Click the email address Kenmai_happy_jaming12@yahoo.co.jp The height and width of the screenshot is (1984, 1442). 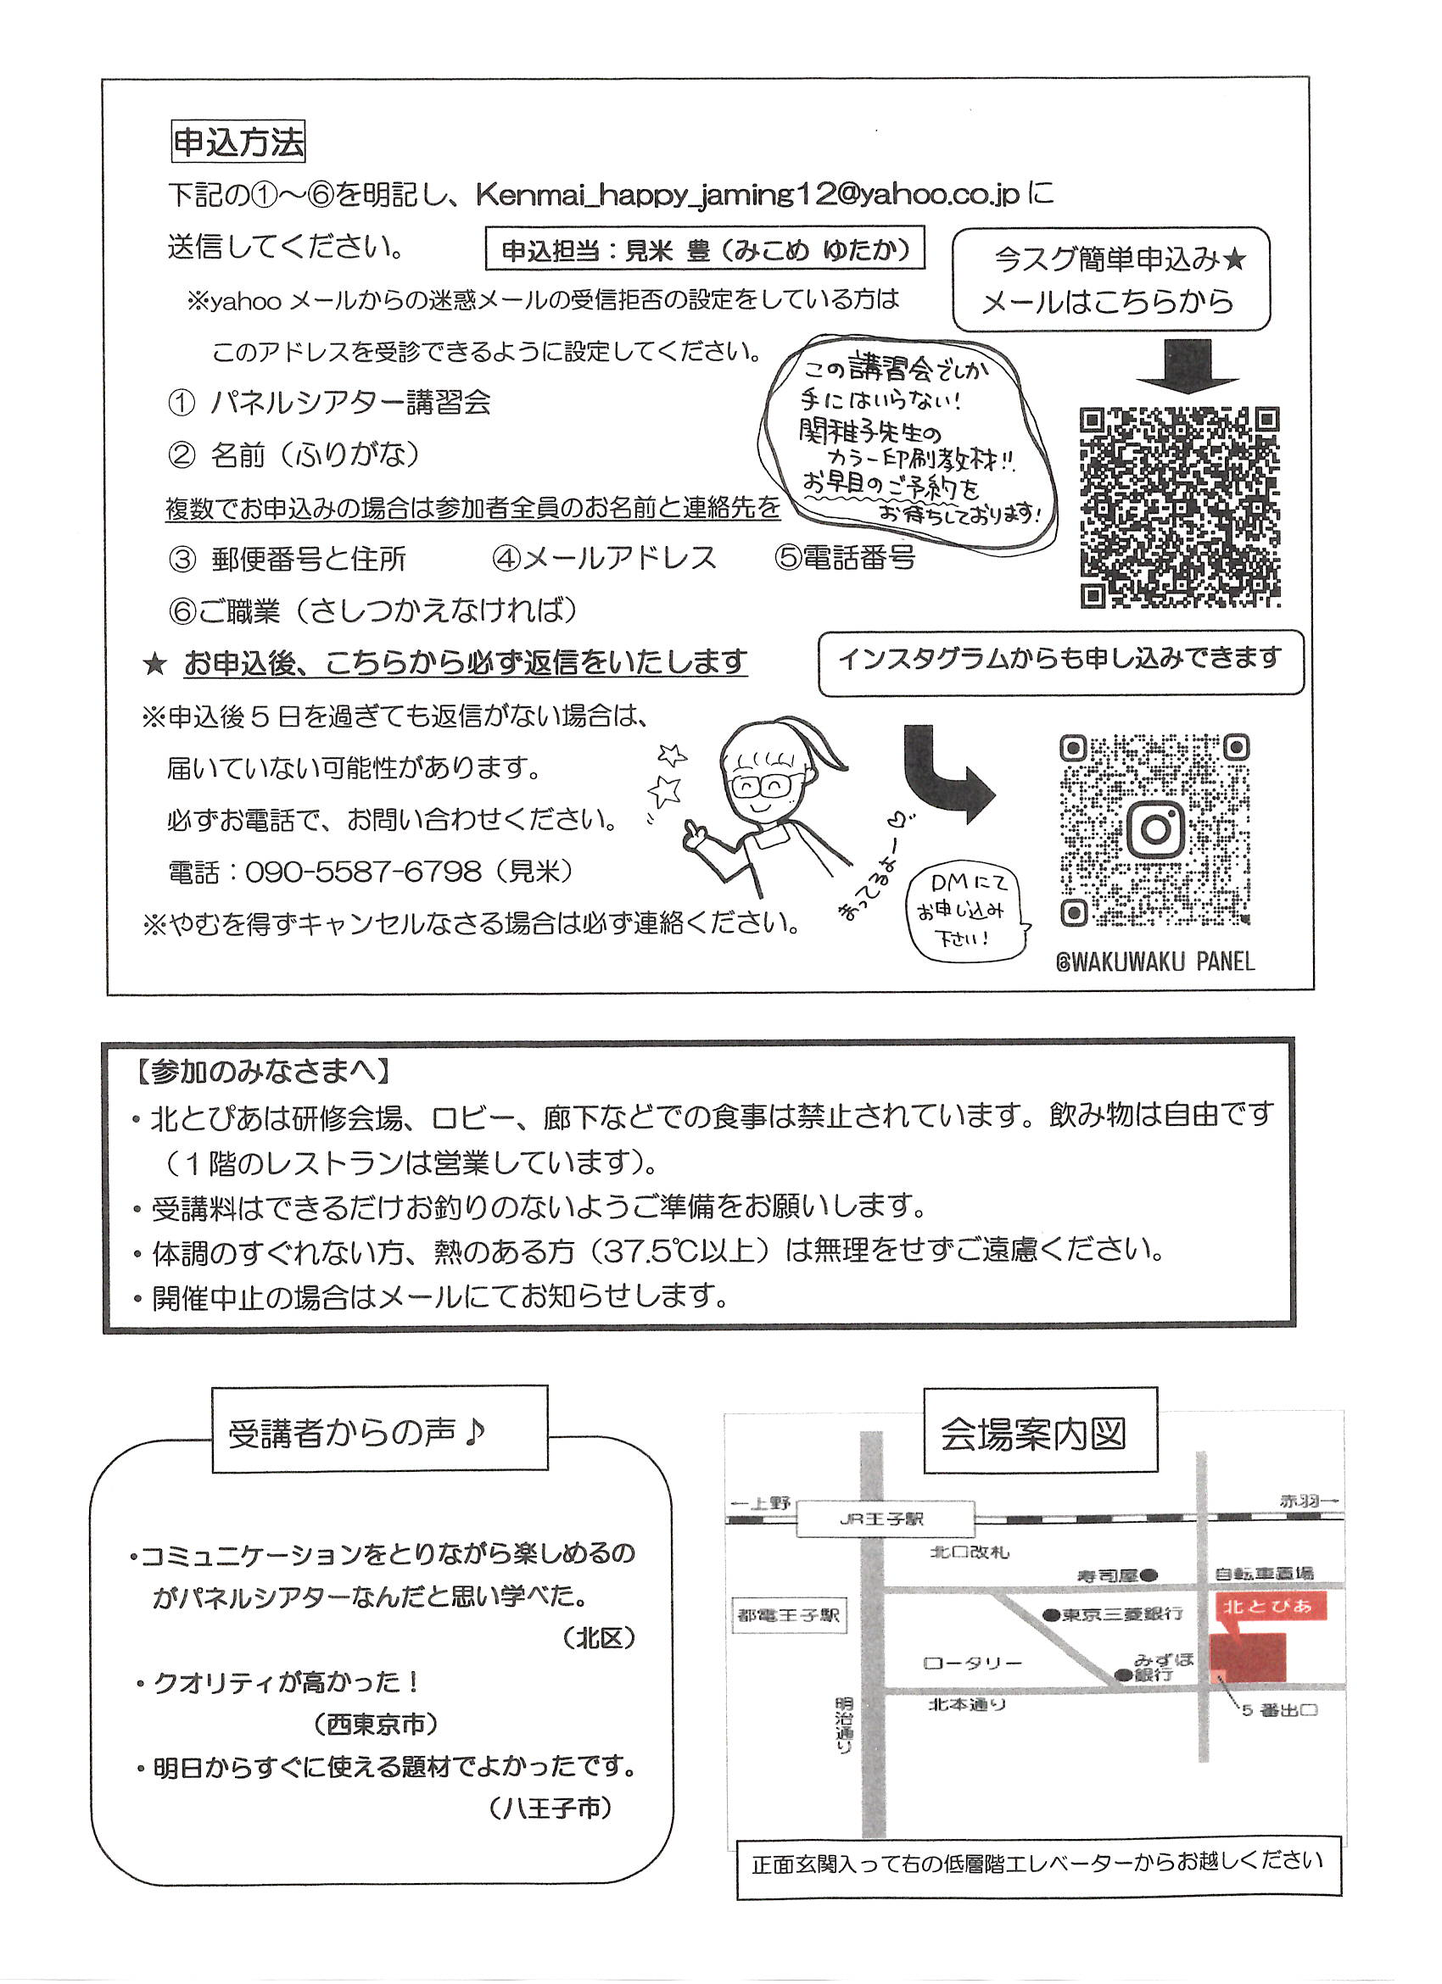click(748, 194)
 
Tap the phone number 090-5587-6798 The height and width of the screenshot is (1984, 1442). click(363, 872)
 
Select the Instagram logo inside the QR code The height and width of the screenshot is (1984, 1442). click(1155, 828)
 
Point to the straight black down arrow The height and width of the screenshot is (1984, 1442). click(1188, 366)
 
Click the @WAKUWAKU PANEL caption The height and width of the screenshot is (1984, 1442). click(1155, 962)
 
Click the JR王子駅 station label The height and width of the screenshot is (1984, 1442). click(885, 1519)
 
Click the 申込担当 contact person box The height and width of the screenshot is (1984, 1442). click(705, 250)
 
